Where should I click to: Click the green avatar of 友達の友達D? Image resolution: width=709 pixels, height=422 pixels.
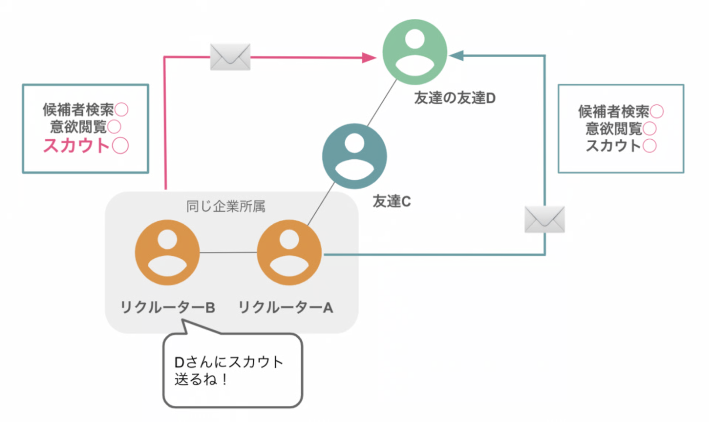[x=415, y=52]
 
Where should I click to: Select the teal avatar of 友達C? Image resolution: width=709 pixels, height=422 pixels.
[x=354, y=156]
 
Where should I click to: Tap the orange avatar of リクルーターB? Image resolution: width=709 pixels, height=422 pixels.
[x=167, y=252]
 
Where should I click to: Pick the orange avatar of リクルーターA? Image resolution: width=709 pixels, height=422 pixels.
[x=289, y=252]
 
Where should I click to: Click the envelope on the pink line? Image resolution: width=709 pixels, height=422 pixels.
[x=230, y=57]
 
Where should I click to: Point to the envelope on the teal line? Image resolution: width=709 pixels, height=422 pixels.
[x=545, y=219]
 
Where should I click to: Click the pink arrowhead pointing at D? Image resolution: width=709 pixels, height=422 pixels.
[x=369, y=58]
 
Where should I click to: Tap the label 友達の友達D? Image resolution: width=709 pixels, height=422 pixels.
[x=455, y=98]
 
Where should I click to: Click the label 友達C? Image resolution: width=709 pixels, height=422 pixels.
[x=391, y=201]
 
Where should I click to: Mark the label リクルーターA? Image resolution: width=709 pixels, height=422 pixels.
[x=286, y=307]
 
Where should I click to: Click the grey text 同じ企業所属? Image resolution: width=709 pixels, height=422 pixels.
[x=226, y=206]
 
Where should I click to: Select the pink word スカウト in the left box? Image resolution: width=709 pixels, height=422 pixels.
[x=76, y=145]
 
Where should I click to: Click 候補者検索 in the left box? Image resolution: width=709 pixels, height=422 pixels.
[x=78, y=109]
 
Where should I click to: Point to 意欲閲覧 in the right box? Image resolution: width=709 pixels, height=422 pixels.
[x=614, y=129]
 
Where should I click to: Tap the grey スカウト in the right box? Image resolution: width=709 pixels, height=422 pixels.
[x=613, y=146]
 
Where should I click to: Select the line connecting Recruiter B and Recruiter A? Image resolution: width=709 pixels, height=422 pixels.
[x=228, y=253]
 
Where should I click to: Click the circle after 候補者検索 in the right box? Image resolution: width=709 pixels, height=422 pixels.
[x=657, y=111]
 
